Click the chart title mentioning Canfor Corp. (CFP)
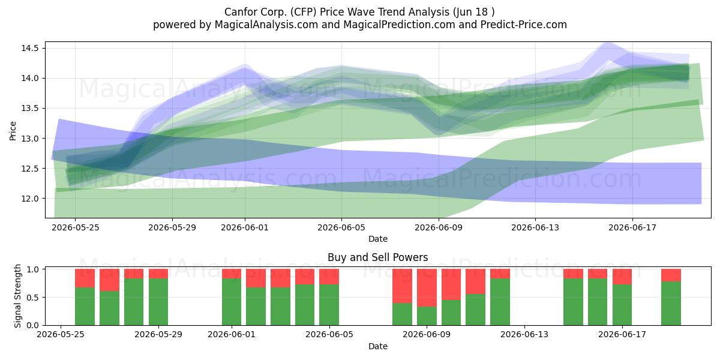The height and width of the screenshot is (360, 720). click(359, 12)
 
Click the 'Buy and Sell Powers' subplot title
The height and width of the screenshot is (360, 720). click(377, 257)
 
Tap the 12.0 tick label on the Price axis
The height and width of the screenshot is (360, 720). click(30, 199)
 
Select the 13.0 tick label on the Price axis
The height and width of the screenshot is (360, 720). click(30, 139)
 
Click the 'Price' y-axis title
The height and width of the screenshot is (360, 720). click(13, 131)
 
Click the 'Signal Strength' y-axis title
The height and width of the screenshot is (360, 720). click(17, 296)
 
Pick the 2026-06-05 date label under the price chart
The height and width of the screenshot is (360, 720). click(341, 227)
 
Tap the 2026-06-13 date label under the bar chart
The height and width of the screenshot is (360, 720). click(524, 334)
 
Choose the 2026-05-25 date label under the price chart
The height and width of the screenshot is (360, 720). click(76, 227)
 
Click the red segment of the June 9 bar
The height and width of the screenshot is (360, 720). click(427, 287)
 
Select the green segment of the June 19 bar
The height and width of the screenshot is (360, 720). click(671, 304)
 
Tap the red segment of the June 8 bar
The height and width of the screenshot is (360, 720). click(403, 286)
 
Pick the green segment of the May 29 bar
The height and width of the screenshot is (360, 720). click(158, 302)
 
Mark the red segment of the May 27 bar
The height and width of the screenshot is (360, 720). click(110, 280)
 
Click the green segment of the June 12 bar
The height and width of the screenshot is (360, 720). click(500, 302)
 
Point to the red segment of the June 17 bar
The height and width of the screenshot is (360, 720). click(622, 277)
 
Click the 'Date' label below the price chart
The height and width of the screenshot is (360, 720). click(377, 239)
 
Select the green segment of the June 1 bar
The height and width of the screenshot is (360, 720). click(232, 302)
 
